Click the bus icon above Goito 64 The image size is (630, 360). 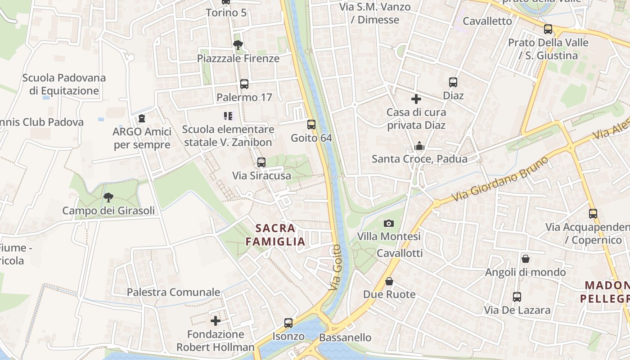[311, 125]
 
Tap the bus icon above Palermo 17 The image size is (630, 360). [244, 84]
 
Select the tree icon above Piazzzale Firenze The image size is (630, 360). [238, 45]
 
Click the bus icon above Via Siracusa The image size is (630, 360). [261, 162]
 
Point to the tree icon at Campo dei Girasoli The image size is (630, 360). [108, 197]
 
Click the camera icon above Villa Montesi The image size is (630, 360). [389, 223]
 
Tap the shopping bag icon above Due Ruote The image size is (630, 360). [389, 281]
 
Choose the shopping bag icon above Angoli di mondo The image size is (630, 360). [525, 259]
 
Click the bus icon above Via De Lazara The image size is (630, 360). [517, 297]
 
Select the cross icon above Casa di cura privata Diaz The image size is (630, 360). [416, 99]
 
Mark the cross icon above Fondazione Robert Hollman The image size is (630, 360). [216, 321]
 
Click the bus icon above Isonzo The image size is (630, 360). [288, 323]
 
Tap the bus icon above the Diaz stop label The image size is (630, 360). [453, 82]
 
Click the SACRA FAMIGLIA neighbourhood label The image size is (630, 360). [276, 235]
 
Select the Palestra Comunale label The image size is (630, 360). [173, 292]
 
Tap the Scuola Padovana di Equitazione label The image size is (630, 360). [64, 84]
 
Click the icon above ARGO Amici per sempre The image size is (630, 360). [142, 119]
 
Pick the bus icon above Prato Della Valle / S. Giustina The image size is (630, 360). [548, 29]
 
